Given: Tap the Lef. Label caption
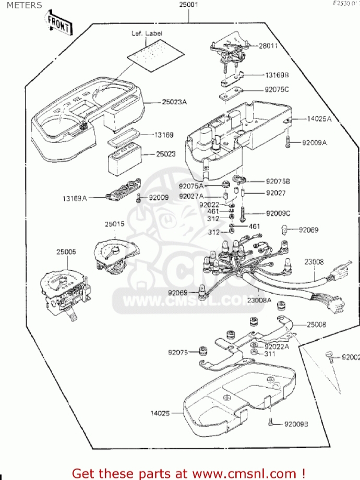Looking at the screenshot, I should click(147, 33).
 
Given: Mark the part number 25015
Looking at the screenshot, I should click(114, 224).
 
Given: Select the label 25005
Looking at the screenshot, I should click(66, 252).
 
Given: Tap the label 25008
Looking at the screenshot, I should click(316, 325).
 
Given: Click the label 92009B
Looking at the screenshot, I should click(296, 424).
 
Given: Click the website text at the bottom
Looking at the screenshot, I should click(188, 473).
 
